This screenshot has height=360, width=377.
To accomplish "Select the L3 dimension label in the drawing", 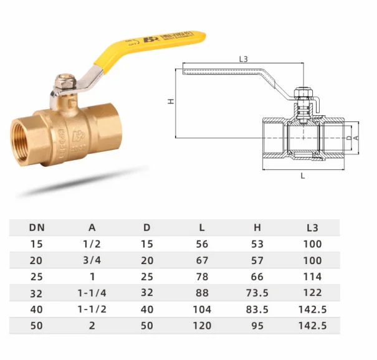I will click(244, 60).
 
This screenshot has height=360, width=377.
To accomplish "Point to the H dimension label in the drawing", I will click(170, 101).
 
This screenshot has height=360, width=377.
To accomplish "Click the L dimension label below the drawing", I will click(303, 176).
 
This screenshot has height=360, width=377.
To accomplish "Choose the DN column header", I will click(37, 227).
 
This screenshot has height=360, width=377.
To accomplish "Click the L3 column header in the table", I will click(312, 227).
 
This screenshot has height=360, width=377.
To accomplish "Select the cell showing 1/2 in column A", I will click(92, 244).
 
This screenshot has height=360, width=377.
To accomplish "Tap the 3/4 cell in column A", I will click(92, 260).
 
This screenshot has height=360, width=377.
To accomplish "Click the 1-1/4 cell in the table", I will click(92, 293).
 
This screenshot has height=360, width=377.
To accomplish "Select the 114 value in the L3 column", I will click(312, 277).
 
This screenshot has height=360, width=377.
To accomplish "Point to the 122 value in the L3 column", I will click(312, 293).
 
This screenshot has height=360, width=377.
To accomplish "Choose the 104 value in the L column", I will click(202, 309).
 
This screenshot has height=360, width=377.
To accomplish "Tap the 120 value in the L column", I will click(202, 325).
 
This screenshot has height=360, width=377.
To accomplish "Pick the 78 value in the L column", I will click(202, 277).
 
